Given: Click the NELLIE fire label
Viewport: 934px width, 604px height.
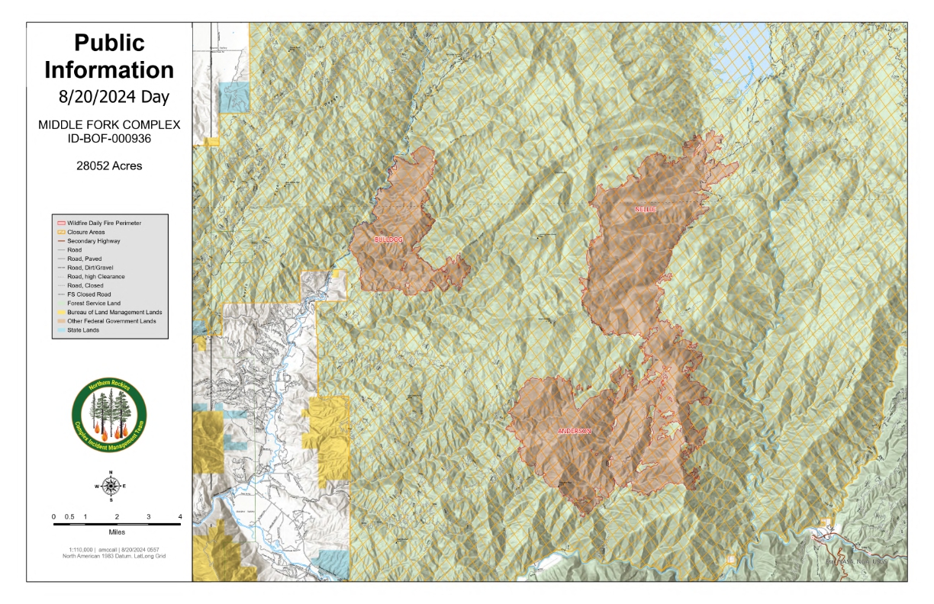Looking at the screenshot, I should [x=645, y=208].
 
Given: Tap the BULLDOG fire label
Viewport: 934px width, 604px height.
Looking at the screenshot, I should [x=388, y=239].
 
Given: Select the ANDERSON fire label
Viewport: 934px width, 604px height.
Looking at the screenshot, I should [x=574, y=431].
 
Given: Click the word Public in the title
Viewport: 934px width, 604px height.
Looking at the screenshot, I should [x=109, y=43].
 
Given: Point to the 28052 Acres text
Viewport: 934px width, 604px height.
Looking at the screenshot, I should [x=109, y=165].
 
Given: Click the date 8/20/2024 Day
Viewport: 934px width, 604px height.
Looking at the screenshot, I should [x=109, y=98].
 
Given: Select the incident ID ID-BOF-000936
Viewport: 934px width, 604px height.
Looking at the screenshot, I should [x=109, y=138].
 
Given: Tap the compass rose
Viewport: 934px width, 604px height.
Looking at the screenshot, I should [x=111, y=486].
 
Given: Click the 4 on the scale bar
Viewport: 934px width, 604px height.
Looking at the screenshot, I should [x=180, y=517].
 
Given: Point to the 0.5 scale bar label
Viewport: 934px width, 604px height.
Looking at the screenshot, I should [x=69, y=517].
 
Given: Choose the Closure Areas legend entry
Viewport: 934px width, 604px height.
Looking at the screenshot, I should [x=86, y=230].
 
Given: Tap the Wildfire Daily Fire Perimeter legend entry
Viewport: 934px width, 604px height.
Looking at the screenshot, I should [x=104, y=221].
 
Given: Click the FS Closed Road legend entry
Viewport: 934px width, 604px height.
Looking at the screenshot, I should [x=89, y=294].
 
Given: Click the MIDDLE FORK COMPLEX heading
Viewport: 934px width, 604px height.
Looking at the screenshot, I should [x=109, y=124].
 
